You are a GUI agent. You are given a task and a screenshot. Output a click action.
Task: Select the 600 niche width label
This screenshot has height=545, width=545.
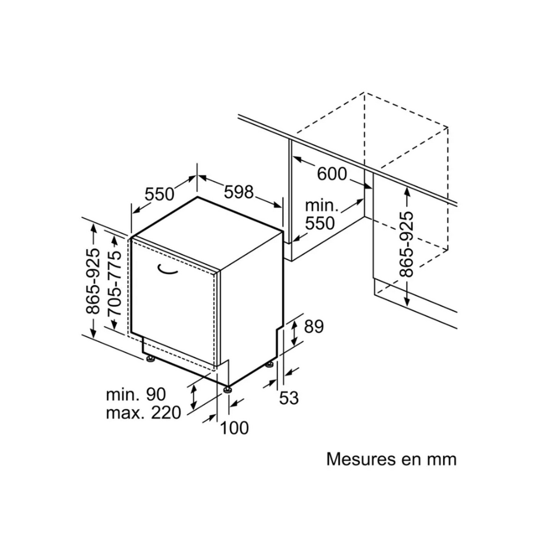coord(332,173)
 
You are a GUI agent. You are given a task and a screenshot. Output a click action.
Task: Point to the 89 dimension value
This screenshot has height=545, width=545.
coord(313,327)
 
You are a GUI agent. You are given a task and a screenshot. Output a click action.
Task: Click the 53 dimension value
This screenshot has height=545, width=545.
coord(289,398)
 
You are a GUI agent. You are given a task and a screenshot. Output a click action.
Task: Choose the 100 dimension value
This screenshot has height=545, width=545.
coord(235,427)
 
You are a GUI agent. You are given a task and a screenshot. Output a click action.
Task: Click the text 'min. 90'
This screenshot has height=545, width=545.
coord(130,394)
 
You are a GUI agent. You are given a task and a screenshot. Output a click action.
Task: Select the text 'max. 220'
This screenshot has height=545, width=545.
coord(144,413)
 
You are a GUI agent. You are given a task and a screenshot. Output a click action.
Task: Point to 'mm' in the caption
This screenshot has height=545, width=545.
coord(440,459)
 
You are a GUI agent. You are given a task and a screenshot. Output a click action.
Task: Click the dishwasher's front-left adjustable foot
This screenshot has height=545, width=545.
coord(150,359)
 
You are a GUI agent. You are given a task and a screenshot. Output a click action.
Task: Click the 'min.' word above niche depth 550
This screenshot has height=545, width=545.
coord(322,206)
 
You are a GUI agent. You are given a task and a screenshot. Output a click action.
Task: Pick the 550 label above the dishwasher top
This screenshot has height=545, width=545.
coord(159,194)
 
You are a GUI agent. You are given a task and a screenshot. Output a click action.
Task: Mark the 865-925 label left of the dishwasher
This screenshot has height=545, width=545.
coord(93,282)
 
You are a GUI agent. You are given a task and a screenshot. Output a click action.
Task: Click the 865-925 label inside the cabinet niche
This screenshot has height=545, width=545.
coord(406,244)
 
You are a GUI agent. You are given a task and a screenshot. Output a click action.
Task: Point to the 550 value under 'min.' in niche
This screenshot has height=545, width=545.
coord(320,223)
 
